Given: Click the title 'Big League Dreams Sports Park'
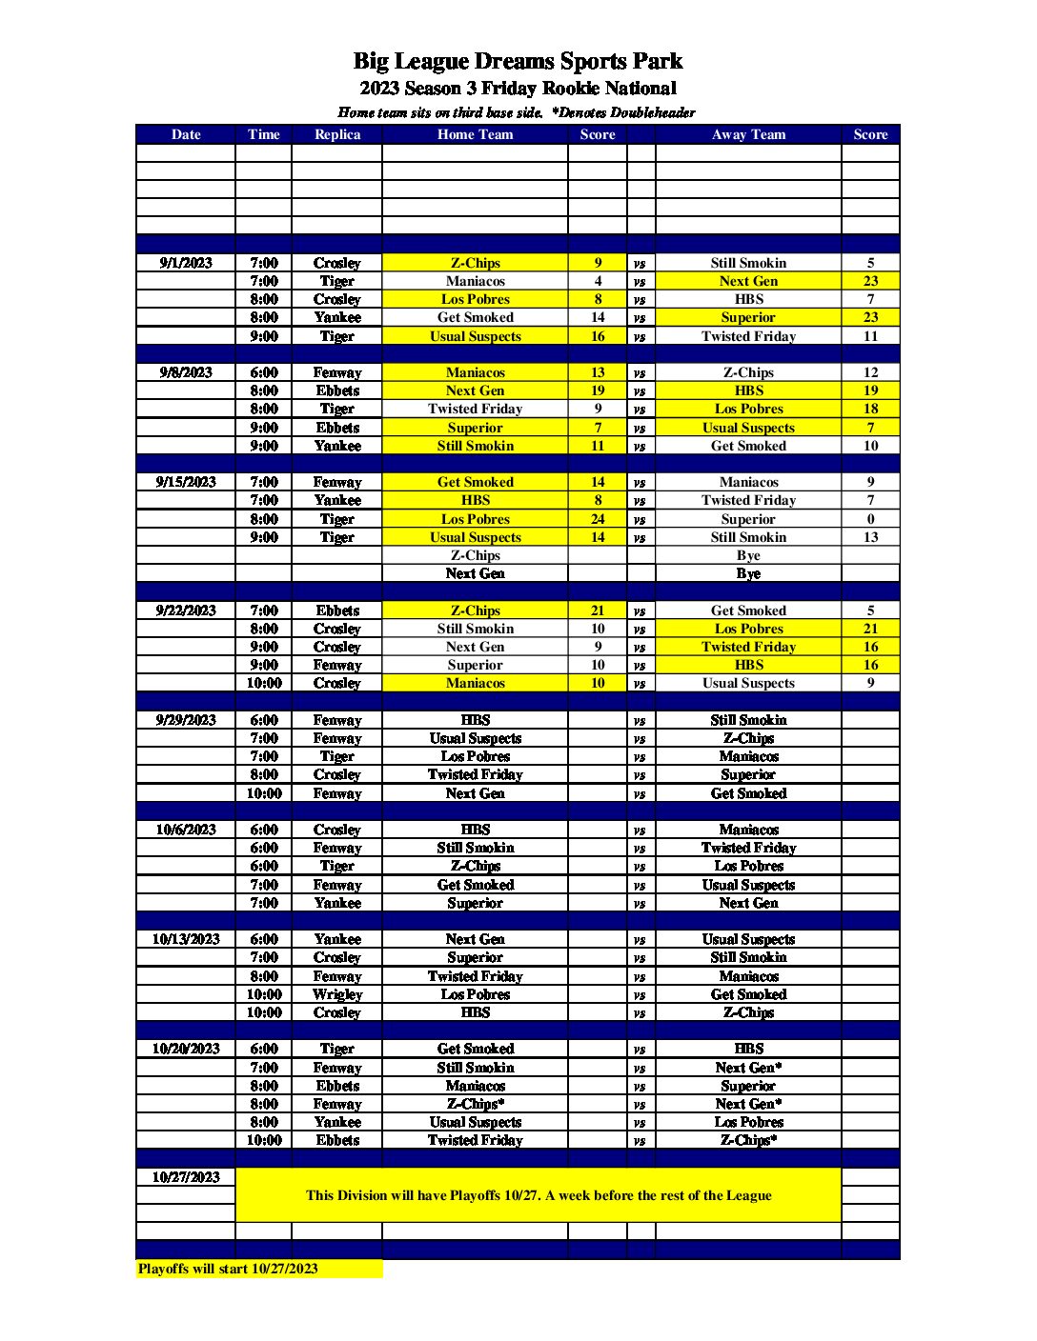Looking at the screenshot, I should click(x=518, y=62).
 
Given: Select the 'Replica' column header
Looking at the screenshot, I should click(x=337, y=134).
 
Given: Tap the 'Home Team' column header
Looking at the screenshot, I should click(x=475, y=134).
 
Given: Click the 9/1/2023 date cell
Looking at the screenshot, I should click(x=186, y=263).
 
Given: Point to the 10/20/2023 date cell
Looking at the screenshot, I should click(x=186, y=1049).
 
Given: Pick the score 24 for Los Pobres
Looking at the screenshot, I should click(x=598, y=519).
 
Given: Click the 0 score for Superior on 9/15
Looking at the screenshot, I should click(x=870, y=519).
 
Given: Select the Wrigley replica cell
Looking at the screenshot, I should click(x=337, y=994).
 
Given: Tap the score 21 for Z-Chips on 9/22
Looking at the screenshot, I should click(x=598, y=610).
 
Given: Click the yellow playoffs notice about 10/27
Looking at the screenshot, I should click(x=539, y=1195).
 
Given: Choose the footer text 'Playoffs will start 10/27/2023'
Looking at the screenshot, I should click(x=228, y=1269).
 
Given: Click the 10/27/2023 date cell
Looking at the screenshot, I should click(x=186, y=1177).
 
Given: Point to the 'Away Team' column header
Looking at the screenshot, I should click(x=748, y=134).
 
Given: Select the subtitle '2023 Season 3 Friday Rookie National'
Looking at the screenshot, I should click(x=518, y=89).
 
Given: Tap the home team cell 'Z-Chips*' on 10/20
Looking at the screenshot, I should click(x=475, y=1104).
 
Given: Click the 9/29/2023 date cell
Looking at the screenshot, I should click(x=186, y=720).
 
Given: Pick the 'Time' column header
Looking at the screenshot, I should click(x=264, y=134).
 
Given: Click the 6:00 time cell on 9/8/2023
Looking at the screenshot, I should click(x=264, y=372).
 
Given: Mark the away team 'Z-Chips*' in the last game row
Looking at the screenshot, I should click(x=748, y=1140).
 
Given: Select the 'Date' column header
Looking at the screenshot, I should click(x=186, y=134).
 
